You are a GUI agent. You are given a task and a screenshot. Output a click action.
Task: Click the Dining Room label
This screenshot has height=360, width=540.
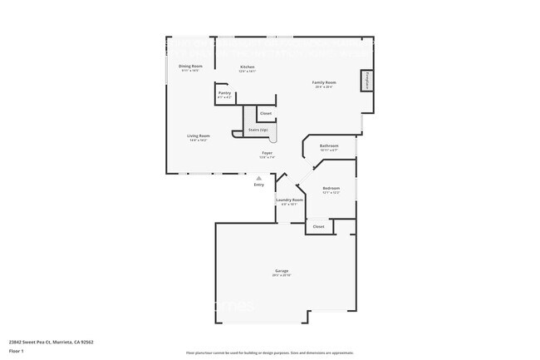[190, 66]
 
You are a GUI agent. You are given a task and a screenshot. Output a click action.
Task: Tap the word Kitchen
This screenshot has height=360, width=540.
[247, 67]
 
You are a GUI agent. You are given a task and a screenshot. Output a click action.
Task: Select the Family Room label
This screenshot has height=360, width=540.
[323, 82]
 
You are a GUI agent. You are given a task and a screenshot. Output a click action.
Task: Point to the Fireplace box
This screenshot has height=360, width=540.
[366, 81]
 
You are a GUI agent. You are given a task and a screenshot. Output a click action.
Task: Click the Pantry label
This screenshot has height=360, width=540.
[224, 93]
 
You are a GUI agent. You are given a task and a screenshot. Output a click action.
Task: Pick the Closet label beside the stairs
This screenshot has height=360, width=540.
[265, 113]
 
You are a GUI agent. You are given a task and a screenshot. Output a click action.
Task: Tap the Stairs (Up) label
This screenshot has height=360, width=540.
[258, 130]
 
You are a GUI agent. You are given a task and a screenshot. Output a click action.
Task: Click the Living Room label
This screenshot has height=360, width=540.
[198, 136]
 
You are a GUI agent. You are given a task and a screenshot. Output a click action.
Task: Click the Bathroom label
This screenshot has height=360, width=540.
[329, 146]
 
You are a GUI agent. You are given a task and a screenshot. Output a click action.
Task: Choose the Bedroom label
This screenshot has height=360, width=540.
[331, 188]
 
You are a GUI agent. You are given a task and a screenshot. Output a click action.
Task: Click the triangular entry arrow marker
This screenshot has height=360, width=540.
[259, 177]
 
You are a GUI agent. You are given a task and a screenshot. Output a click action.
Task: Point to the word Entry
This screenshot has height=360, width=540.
[259, 185]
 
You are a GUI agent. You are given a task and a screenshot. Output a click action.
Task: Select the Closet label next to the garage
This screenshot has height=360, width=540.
[318, 226]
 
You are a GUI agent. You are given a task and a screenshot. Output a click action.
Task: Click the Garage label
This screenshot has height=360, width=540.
[282, 271]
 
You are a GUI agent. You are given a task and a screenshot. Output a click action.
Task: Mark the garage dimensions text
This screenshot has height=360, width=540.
[282, 276]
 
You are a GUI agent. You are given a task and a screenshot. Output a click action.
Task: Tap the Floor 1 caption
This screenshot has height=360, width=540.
[17, 351]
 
